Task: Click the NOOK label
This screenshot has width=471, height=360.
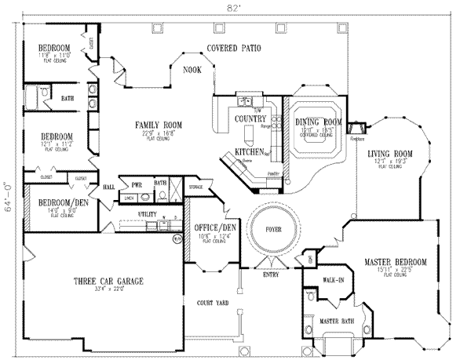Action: [192, 70]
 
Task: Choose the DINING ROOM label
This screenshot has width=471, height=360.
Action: [318, 122]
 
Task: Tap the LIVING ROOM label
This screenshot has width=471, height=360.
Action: [391, 154]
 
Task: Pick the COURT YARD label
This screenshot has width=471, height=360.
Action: [212, 301]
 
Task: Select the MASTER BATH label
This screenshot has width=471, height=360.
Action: [334, 322]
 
